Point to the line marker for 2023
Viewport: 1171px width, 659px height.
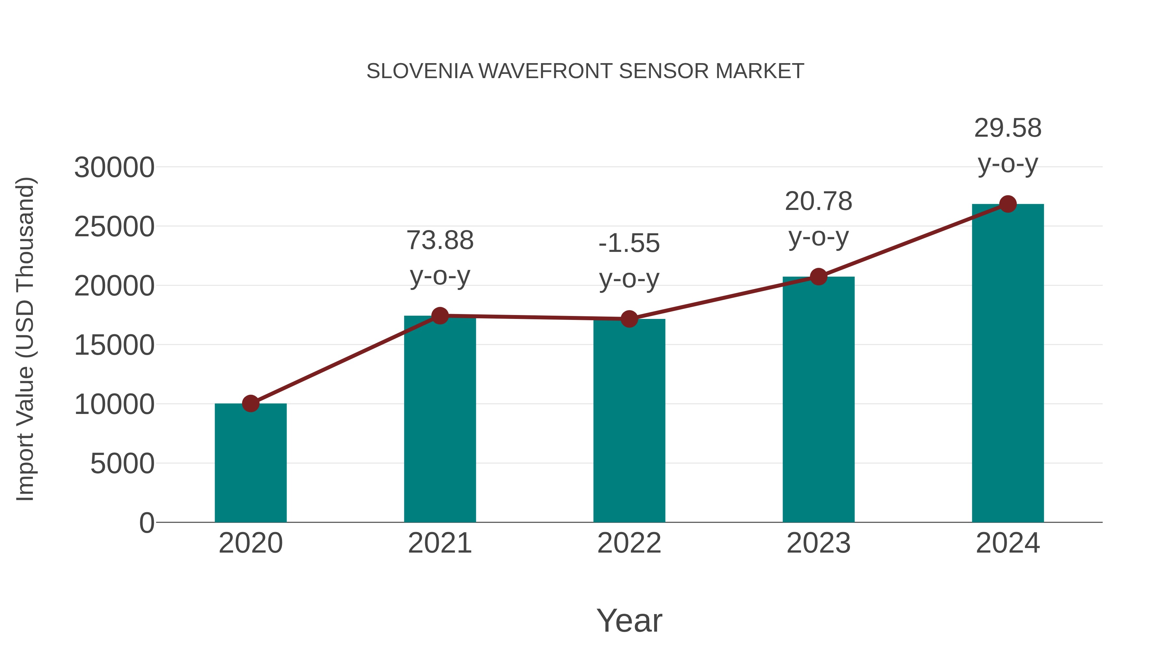tap(818, 277)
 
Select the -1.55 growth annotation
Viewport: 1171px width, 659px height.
tap(629, 243)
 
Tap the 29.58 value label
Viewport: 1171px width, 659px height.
tap(1008, 128)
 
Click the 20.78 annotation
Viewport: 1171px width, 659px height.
tap(818, 201)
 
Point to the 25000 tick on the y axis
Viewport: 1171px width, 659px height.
tap(114, 227)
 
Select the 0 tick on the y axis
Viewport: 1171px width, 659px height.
tap(146, 523)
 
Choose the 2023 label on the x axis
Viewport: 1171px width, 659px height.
tap(818, 543)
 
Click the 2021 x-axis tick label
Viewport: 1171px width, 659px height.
tap(439, 543)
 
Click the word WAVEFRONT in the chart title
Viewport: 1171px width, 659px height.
tap(545, 71)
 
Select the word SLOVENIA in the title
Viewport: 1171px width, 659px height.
tap(420, 71)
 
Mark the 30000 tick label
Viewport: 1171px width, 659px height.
tap(114, 168)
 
